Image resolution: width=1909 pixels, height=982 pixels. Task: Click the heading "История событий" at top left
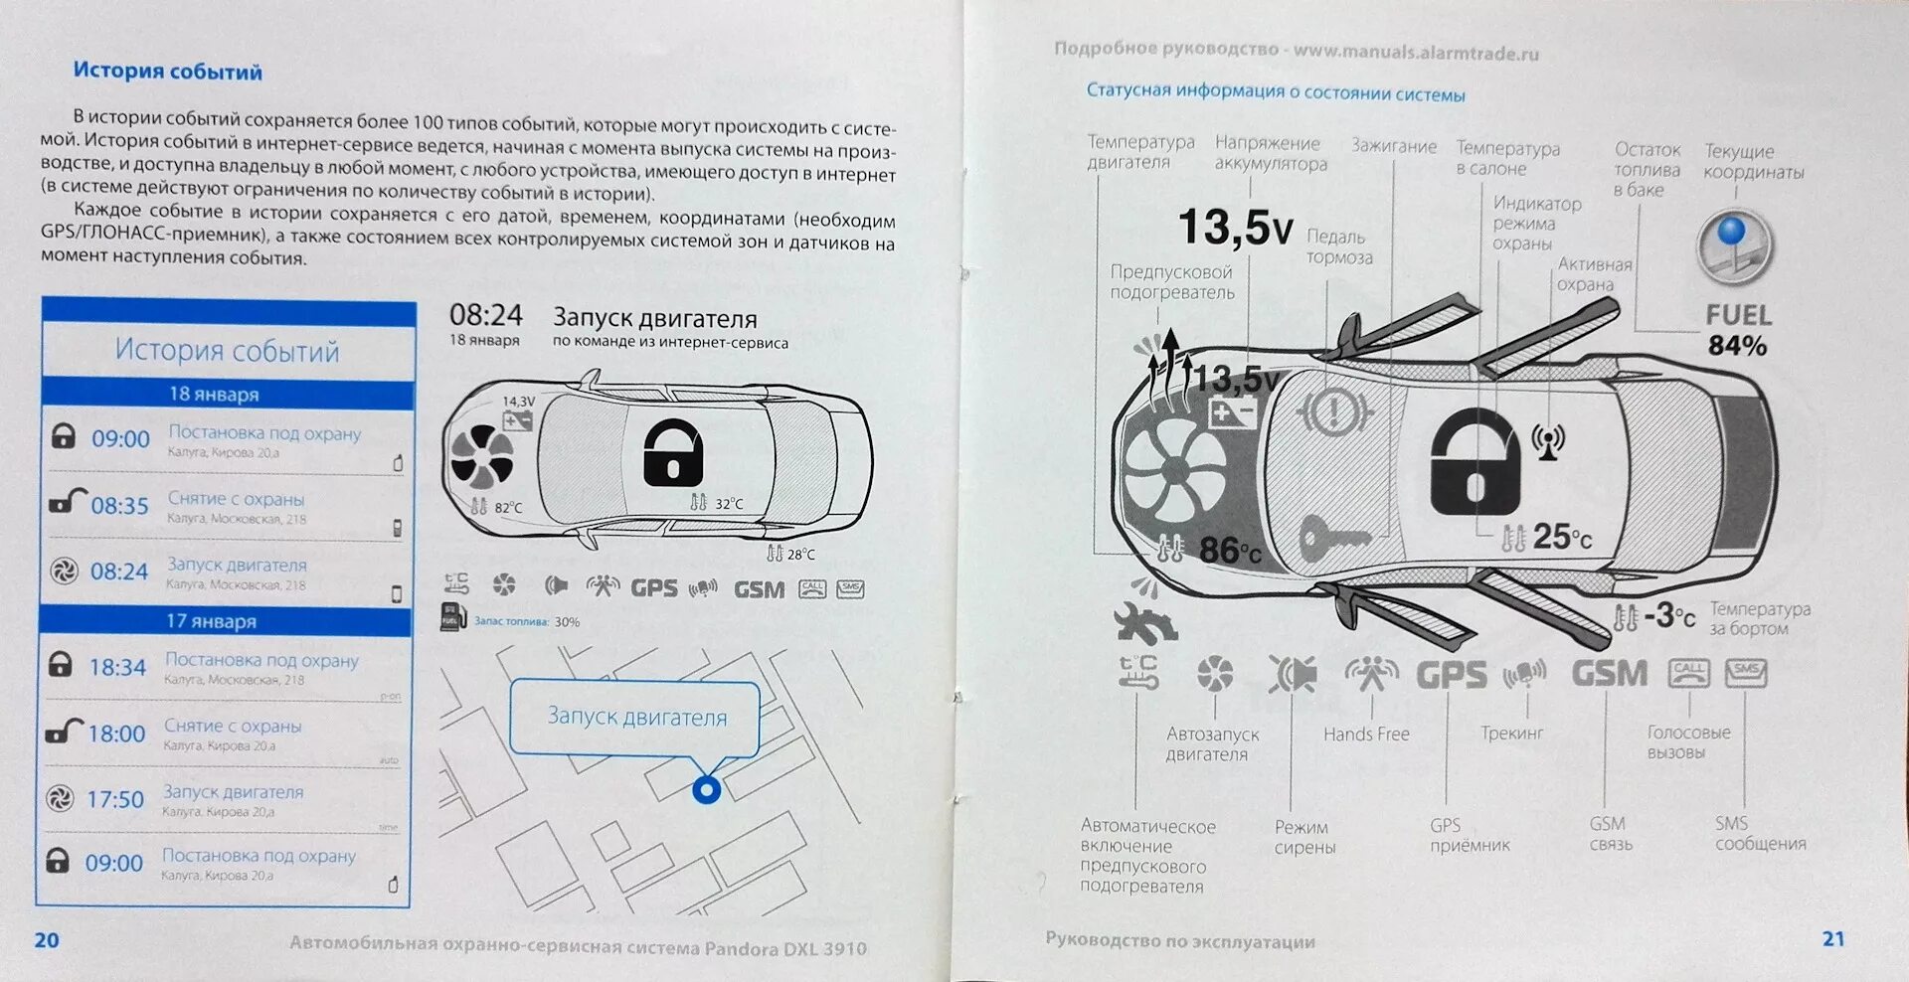[x=167, y=72]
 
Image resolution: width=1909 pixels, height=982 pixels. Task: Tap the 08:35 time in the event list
[x=119, y=506]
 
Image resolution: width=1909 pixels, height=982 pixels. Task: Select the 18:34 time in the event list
[x=117, y=667]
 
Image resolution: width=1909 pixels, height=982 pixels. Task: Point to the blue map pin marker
[x=706, y=790]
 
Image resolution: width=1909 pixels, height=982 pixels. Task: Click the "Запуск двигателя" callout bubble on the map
[x=636, y=717]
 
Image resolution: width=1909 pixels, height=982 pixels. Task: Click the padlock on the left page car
[x=672, y=454]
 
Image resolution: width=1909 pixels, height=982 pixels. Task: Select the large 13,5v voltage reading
[x=1236, y=228]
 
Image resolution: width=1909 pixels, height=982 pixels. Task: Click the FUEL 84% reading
[x=1738, y=331]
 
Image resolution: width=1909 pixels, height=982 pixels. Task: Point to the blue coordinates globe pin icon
[x=1734, y=244]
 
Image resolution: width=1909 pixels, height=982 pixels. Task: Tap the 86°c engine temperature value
[x=1230, y=550]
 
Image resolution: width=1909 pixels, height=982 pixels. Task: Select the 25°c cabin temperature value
[x=1562, y=538]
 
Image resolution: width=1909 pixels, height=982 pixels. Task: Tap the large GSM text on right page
[x=1609, y=674]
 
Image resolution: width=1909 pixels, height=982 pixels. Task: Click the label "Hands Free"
[x=1366, y=735]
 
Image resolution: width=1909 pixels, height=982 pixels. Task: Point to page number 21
[x=1832, y=938]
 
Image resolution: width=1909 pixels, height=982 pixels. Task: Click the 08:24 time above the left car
[x=485, y=316]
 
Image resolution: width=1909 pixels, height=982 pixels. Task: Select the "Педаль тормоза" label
[x=1338, y=247]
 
